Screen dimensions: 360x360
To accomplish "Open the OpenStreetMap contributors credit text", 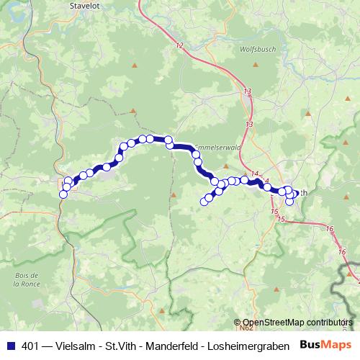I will [x=297, y=323].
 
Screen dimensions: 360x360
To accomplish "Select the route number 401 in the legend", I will [x=32, y=344].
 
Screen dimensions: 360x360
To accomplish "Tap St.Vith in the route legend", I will [x=128, y=344].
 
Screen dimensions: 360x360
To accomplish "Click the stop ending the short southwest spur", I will [x=204, y=202].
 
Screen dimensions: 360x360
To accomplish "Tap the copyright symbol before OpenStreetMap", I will [x=238, y=323].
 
